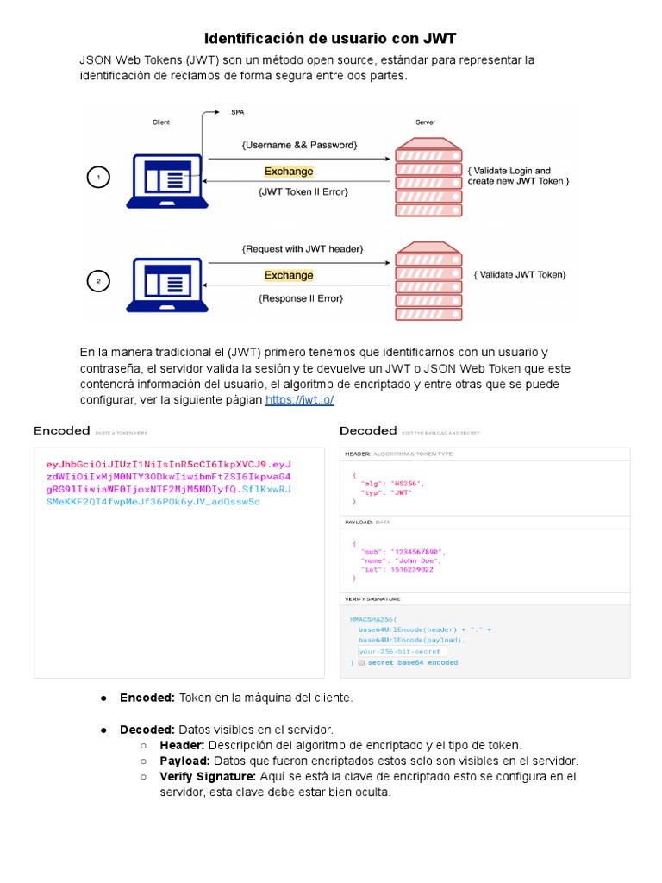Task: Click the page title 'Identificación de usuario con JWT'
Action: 330,39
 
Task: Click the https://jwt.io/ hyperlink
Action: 299,400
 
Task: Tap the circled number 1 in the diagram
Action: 98,178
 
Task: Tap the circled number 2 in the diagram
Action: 98,281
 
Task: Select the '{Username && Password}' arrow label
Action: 299,145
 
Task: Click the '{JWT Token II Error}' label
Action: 303,191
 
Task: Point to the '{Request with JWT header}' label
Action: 303,249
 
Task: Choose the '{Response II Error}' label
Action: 301,298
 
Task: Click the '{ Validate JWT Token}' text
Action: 520,274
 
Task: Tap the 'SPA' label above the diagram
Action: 237,112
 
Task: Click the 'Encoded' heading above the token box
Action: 62,430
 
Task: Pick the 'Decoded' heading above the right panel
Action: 368,430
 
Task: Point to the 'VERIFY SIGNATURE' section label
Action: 372,598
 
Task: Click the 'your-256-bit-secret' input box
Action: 394,651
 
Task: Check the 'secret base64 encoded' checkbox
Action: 362,662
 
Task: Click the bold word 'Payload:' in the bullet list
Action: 184,761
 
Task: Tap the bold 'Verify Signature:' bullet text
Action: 208,776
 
